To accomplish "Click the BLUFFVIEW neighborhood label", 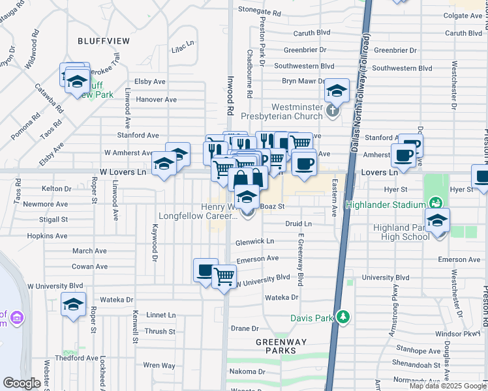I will (x=104, y=40).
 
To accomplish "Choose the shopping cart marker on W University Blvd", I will (x=224, y=276).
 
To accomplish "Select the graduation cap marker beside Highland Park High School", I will (x=437, y=220).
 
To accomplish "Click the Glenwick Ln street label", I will (x=255, y=240).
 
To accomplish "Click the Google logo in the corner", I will (x=22, y=383).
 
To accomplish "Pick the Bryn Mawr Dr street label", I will (x=303, y=81).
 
